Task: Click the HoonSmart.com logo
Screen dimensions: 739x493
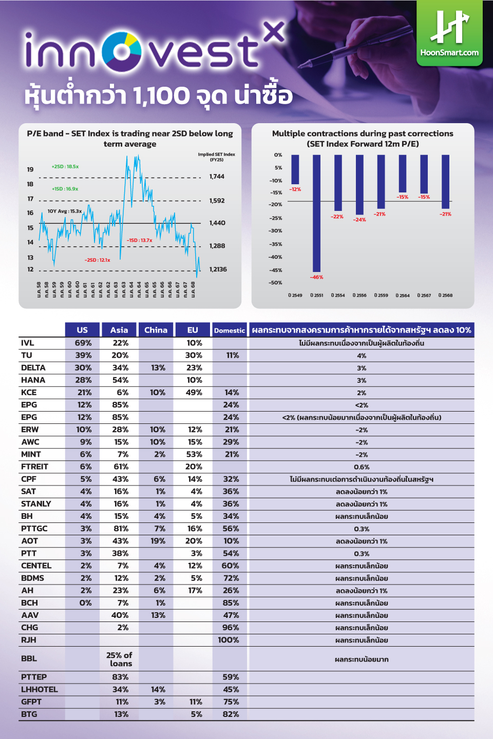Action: [x=449, y=33]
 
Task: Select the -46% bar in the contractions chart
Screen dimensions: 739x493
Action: [x=317, y=213]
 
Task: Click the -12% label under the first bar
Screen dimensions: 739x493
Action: [x=295, y=189]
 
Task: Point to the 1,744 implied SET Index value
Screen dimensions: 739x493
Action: [x=217, y=177]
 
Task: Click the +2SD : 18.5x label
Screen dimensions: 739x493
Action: [x=65, y=167]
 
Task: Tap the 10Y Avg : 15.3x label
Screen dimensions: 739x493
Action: [x=65, y=211]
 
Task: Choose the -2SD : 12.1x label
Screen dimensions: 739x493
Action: [x=98, y=260]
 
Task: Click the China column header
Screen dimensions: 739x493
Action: [x=156, y=330]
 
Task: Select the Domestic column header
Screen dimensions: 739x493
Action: [x=230, y=330]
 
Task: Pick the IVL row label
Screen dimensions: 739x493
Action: [x=28, y=343]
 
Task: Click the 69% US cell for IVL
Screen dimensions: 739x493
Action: [x=83, y=343]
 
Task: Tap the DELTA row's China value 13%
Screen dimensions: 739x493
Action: [x=158, y=367]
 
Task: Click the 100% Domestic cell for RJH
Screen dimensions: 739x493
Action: [x=229, y=640]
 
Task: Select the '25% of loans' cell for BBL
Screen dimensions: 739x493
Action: [x=120, y=659]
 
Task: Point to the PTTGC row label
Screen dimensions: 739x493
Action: [x=34, y=529]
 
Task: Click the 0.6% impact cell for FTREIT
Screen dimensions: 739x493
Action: [x=362, y=467]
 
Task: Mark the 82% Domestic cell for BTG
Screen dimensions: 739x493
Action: [x=231, y=714]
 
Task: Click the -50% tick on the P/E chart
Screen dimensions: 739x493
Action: [x=276, y=283]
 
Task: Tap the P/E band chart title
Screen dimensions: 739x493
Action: [x=130, y=139]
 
